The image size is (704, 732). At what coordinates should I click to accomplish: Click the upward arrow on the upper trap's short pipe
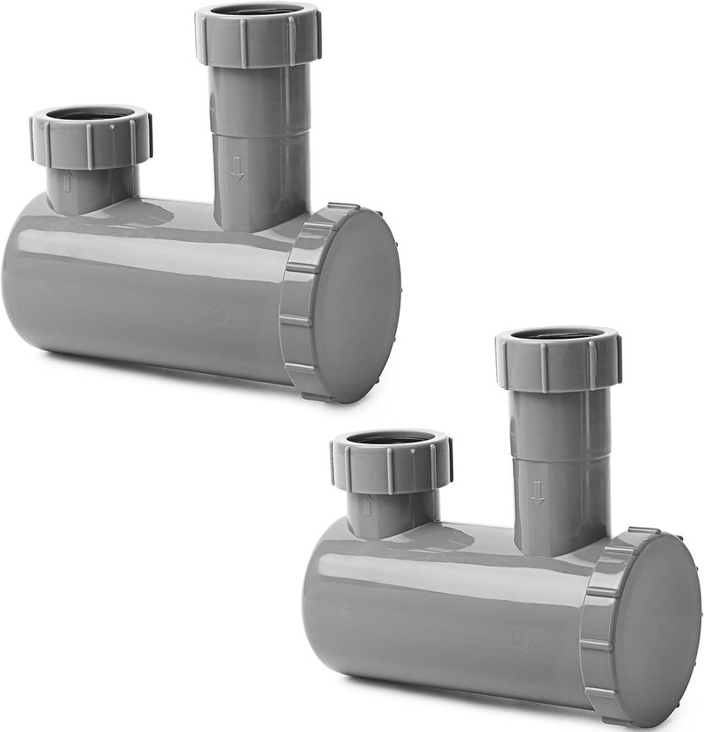pyautogui.click(x=67, y=183)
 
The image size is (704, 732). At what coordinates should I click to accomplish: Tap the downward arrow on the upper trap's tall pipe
pyautogui.click(x=237, y=169)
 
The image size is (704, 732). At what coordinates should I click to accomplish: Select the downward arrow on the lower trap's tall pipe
pyautogui.click(x=537, y=493)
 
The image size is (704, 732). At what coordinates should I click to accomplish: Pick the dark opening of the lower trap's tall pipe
pyautogui.click(x=558, y=334)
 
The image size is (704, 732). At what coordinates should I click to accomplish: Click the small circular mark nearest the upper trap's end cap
pyautogui.click(x=219, y=314)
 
